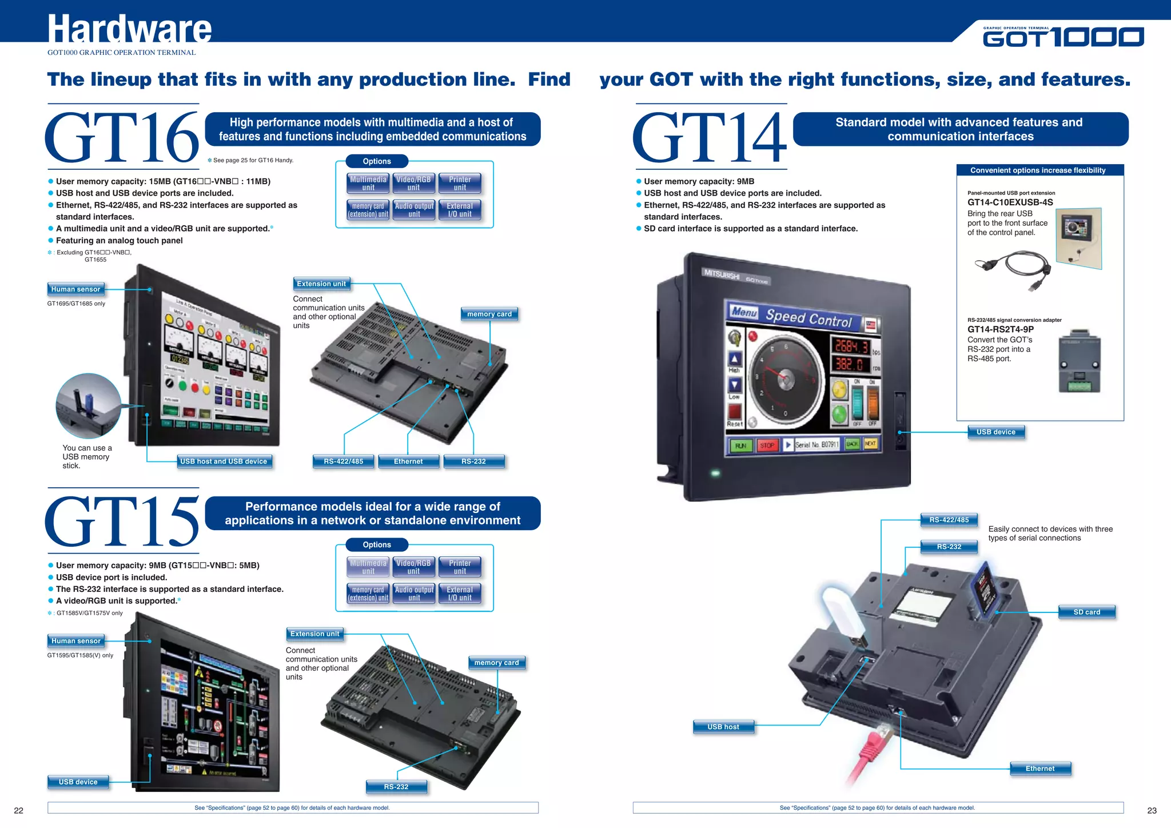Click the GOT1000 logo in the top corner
(x=1063, y=37)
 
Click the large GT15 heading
(x=122, y=521)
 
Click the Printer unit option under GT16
(x=460, y=184)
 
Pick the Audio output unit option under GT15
(x=414, y=594)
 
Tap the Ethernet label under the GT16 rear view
(x=408, y=461)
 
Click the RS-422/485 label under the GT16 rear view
(x=343, y=461)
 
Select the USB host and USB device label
(x=224, y=461)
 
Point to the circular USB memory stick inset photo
(x=89, y=405)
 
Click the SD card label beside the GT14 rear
(x=1086, y=612)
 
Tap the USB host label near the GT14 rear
(x=723, y=727)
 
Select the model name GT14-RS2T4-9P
(x=1000, y=329)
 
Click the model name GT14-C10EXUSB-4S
(x=1010, y=202)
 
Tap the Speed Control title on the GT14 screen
(x=808, y=317)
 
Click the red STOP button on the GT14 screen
(x=767, y=445)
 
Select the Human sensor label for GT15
(x=75, y=641)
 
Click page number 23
(x=1152, y=810)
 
